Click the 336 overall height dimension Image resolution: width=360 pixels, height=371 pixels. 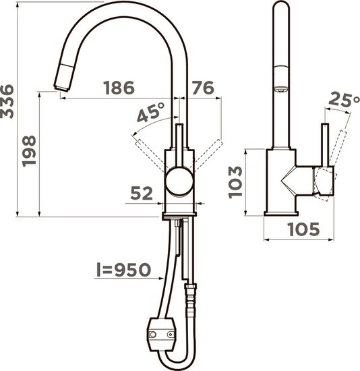[x=7, y=101]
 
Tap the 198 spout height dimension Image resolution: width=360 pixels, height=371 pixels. [x=29, y=151]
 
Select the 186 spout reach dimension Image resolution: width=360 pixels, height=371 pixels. [x=119, y=88]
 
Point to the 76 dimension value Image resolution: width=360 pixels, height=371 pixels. [x=203, y=88]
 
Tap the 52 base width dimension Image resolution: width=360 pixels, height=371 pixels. [x=142, y=193]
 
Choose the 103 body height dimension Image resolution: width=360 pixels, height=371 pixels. [x=235, y=182]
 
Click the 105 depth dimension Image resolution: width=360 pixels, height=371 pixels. [x=304, y=229]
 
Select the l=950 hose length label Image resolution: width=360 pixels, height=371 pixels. [x=123, y=270]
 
